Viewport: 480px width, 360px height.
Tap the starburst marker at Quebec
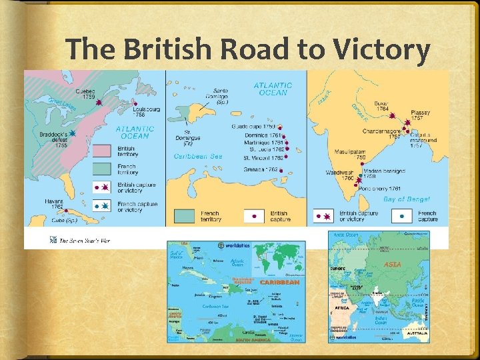click(99, 104)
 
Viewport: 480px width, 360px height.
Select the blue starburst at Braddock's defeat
click(72, 134)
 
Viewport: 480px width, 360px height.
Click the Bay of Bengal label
click(407, 199)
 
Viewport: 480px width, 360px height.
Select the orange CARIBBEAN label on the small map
click(279, 283)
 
